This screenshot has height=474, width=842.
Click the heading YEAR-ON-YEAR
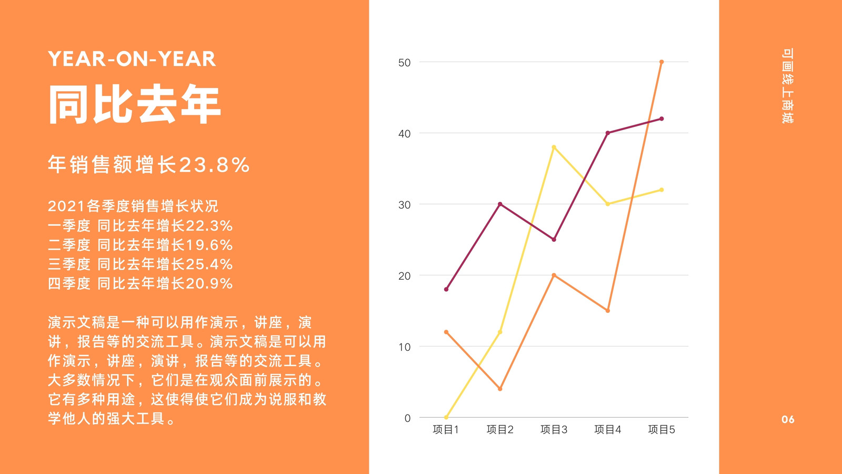132,59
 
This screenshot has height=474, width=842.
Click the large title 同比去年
135,104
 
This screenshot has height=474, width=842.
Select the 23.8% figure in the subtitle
214,165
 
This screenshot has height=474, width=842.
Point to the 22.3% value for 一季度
209,226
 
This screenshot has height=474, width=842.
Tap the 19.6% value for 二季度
209,245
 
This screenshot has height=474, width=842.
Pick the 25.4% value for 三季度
209,264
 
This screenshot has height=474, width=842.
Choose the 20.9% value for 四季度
209,283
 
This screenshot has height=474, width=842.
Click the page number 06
788,419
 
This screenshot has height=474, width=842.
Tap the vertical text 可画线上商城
787,86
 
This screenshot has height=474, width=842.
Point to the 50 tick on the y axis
405,63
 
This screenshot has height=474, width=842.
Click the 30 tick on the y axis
405,205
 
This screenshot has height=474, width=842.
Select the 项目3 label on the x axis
554,429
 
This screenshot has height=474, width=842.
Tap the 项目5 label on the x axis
661,429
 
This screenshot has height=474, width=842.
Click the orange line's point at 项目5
661,62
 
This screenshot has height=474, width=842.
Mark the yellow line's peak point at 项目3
554,147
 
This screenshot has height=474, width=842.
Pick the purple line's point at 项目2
500,204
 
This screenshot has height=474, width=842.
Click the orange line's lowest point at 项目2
500,389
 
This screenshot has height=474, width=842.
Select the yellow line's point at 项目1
446,417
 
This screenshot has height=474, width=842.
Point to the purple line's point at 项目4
608,133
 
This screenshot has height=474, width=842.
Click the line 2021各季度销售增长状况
133,206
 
